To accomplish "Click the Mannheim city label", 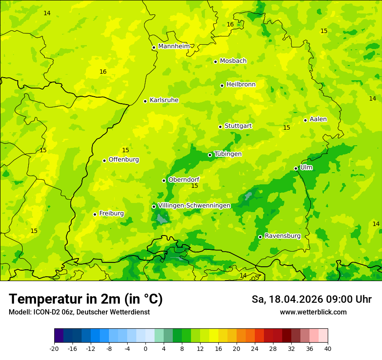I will coord(174,46).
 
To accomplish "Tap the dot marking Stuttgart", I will coord(220,127).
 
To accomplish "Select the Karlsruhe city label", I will coord(164,100).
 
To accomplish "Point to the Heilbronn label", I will coord(241,85).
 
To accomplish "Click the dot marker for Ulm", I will coord(296,168).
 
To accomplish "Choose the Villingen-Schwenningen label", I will coord(194,206).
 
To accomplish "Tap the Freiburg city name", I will coord(111,213).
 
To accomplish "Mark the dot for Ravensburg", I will coord(260,237).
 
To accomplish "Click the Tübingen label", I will coord(228,154).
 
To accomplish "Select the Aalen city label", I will coord(318,119).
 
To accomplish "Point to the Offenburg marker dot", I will coord(104,160).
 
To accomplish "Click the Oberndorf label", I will coord(184,180).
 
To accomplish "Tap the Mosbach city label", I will coord(233,61).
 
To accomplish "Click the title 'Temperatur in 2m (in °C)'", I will coord(86,299).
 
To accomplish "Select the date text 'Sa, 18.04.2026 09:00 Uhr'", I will coord(311,299).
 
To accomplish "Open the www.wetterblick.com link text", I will coord(313,312).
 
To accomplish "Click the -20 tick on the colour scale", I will coord(54,348).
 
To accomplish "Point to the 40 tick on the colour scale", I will coord(328,348).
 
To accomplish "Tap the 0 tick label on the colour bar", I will coord(145,348).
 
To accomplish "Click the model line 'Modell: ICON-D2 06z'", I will coord(41,312).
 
